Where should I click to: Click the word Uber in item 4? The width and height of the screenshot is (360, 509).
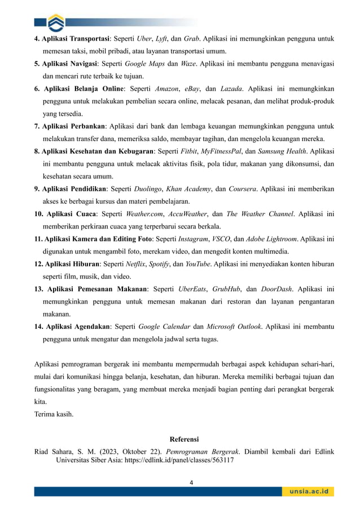[144, 39]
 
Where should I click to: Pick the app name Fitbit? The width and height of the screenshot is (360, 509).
[186, 151]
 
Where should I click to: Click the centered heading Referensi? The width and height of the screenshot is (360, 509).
[184, 440]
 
